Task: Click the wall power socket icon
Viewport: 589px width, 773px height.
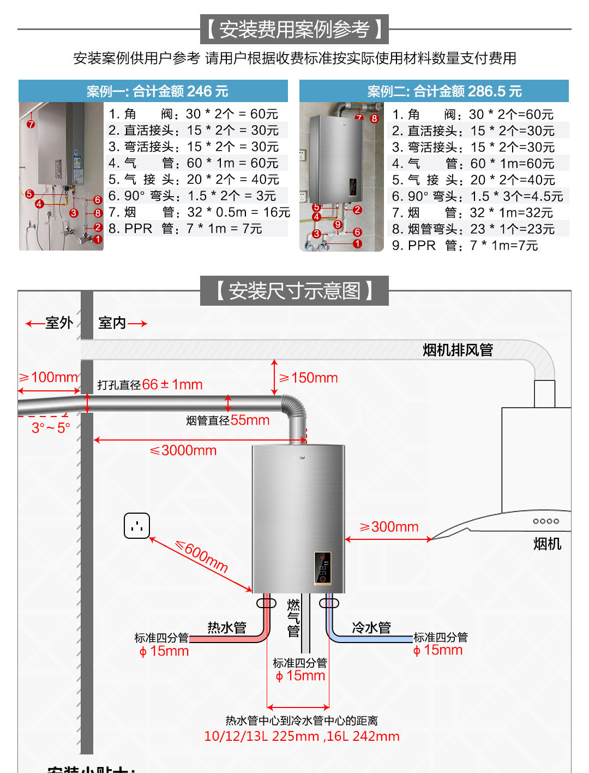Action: (137, 526)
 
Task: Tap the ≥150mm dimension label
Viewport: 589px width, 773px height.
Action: (309, 378)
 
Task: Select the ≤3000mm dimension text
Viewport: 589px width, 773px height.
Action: (183, 450)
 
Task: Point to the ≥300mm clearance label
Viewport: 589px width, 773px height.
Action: (389, 527)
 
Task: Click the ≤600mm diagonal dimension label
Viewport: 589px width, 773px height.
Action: (202, 556)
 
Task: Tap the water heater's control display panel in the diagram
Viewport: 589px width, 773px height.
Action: (322, 568)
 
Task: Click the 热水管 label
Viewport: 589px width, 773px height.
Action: (227, 628)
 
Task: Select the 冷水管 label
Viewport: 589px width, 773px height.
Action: (371, 628)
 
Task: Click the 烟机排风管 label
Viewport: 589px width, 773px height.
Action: (458, 350)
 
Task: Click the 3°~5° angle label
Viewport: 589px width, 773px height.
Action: (51, 427)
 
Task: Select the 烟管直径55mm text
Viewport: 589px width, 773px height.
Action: (227, 420)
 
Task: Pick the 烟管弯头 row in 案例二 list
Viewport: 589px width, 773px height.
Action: (473, 229)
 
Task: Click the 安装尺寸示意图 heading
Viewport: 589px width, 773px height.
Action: (294, 291)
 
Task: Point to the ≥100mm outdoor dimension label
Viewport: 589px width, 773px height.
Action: (49, 377)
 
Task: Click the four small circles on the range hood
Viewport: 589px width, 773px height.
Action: (546, 521)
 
